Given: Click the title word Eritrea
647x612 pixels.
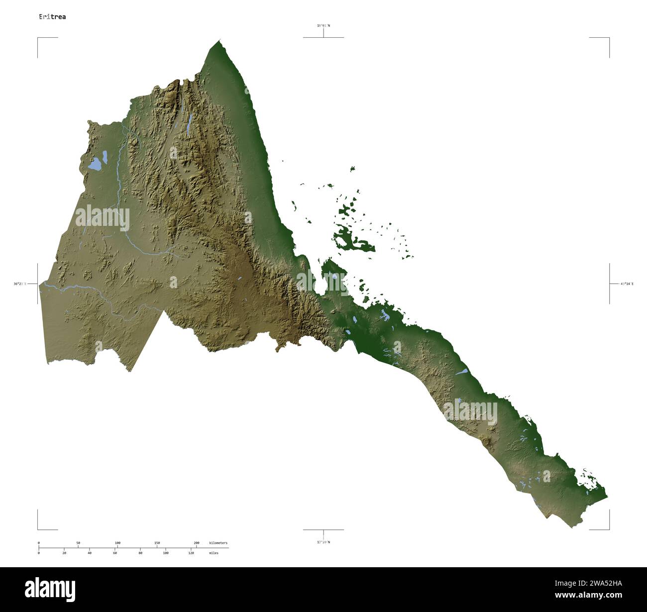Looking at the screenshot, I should pos(52,17).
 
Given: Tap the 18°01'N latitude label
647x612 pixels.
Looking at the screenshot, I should pos(323,25).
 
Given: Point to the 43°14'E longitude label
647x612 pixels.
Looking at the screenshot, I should pos(627,284).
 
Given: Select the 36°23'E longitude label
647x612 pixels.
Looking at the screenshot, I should pos(20,284).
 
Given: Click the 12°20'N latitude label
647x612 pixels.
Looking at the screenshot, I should pos(323,542).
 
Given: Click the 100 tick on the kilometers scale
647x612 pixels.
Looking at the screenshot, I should pos(117,543).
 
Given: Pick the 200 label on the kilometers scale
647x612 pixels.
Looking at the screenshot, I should pos(196,543).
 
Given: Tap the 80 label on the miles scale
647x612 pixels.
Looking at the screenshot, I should pos(140,553).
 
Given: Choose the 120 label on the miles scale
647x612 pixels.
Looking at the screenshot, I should pos(191,553).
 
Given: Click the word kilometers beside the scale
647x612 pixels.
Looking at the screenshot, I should pos(218,543).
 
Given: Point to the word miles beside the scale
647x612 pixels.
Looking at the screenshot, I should pos(214,553).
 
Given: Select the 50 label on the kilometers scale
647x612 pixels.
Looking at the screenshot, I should pos(78,543).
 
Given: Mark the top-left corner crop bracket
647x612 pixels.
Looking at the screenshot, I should pos(38,38).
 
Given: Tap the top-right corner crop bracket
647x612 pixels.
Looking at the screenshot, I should pos(608,38).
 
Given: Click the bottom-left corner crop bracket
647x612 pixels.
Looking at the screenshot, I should pos(38,528).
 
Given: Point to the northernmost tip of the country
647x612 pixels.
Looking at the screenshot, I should pos(220,41).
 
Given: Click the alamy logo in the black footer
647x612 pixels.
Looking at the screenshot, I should pos(50,590).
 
